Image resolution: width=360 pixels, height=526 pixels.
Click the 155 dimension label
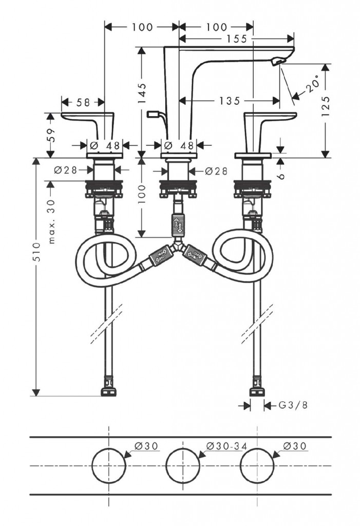pyautogui.click(x=236, y=38)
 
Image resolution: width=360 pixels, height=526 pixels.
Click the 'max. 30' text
pyautogui.click(x=51, y=220)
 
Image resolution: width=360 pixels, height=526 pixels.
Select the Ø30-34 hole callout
pyautogui.click(x=223, y=446)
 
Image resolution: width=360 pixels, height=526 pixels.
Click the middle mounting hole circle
pyautogui.click(x=183, y=465)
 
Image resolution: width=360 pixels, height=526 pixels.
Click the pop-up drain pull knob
pyautogui.click(x=153, y=114)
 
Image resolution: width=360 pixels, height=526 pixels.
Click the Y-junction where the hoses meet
pyautogui.click(x=178, y=248)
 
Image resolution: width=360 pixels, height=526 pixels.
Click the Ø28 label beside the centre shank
pyautogui.click(x=216, y=171)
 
